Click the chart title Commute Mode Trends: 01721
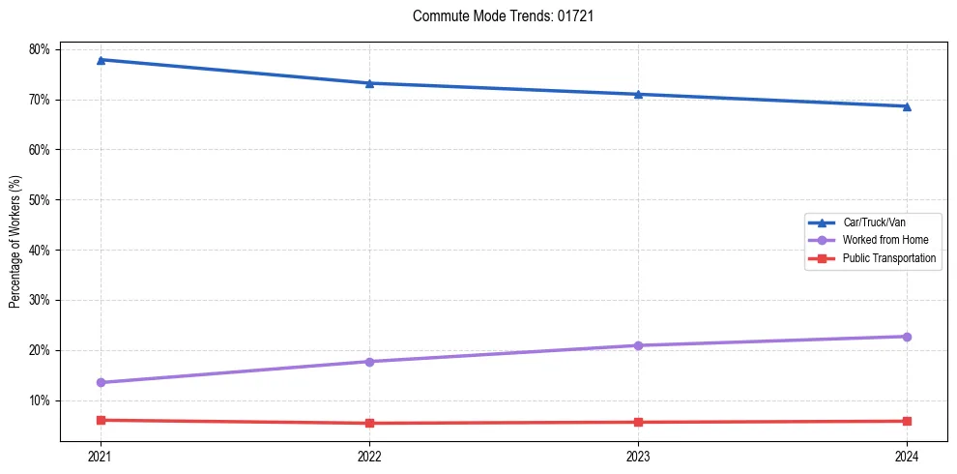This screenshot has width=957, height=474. coord(496,16)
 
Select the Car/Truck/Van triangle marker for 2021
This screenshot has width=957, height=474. coord(101,60)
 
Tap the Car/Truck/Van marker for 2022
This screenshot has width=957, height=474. coord(369,83)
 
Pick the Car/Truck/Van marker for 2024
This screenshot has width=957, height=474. coord(907,106)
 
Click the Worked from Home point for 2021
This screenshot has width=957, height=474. coord(101,382)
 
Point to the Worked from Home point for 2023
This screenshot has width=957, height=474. coord(638,345)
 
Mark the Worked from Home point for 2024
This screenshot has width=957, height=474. coord(907,337)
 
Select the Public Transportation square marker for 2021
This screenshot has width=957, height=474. coord(101,420)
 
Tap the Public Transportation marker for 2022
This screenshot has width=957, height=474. coord(369,423)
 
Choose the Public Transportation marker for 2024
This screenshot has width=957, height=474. coord(907,421)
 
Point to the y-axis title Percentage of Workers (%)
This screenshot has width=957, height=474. coord(15,242)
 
